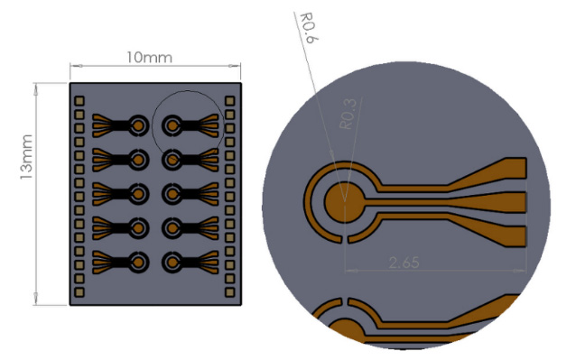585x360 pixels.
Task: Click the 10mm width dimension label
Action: [x=149, y=58]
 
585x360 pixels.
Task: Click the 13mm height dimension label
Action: [x=26, y=157]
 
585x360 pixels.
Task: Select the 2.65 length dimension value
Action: [x=404, y=263]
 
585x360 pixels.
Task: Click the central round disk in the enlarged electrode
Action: [x=344, y=202]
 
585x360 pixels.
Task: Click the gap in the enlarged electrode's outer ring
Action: [x=344, y=239]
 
